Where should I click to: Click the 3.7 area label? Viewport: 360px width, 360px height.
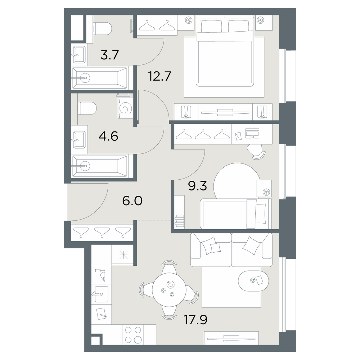[x=109, y=55]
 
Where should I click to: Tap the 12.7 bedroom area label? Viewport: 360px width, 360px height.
[x=160, y=76]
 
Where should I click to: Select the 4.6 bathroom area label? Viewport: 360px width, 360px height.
[x=108, y=136]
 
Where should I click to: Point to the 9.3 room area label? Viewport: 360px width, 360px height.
[x=197, y=186]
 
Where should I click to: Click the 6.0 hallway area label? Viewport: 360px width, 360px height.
[x=132, y=201]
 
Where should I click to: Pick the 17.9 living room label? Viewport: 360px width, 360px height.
[x=195, y=320]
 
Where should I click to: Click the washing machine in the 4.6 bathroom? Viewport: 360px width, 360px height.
[x=126, y=108]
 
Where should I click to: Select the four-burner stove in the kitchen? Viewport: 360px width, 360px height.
[x=133, y=334]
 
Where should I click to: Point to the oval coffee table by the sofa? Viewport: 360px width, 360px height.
[x=253, y=281]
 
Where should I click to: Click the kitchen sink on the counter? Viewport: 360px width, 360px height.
[x=101, y=294]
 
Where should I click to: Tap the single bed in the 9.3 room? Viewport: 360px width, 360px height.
[x=236, y=214]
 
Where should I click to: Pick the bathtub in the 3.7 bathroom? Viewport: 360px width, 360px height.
[x=100, y=78]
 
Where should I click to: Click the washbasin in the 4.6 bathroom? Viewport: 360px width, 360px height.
[x=79, y=140]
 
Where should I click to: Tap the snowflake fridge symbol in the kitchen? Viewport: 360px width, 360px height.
[x=123, y=255]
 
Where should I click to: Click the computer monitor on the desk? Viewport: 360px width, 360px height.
[x=252, y=133]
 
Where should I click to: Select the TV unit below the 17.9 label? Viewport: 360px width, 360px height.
[x=231, y=338]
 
